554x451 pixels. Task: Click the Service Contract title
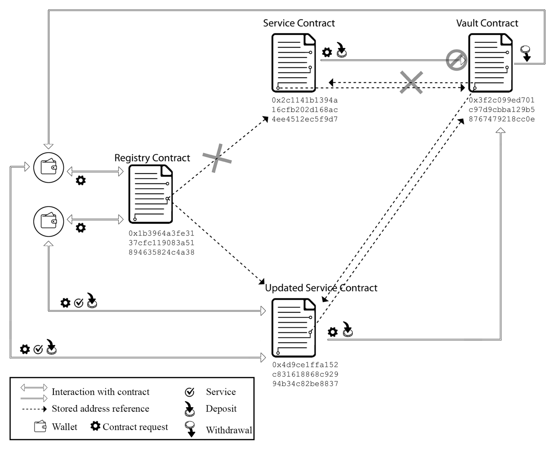click(299, 23)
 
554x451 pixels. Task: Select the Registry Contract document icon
click(150, 194)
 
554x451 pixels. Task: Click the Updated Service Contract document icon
click(294, 328)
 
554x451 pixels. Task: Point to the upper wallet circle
click(49, 168)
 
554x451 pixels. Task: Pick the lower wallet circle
click(49, 221)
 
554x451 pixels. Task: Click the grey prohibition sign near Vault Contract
click(456, 60)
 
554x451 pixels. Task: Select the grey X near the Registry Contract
click(217, 158)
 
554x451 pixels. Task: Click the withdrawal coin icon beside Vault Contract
click(526, 53)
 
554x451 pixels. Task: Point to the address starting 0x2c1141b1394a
click(305, 110)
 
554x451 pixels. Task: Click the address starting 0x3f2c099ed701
click(501, 110)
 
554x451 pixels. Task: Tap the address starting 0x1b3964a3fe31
click(161, 243)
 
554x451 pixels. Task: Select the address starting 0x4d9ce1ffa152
click(305, 374)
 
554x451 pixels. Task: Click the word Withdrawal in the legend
click(229, 430)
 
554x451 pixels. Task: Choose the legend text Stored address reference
click(100, 409)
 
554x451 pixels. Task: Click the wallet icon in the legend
click(40, 427)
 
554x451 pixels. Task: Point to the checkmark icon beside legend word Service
click(190, 392)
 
